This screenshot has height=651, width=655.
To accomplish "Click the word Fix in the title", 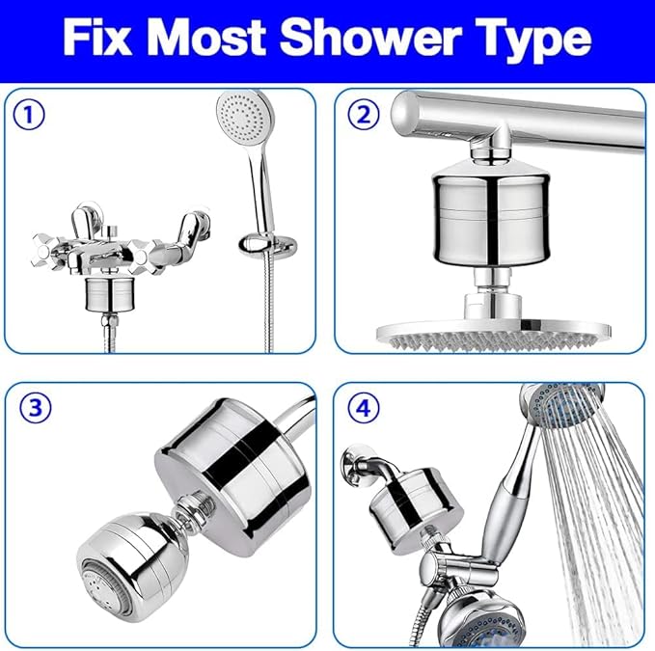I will (107, 39).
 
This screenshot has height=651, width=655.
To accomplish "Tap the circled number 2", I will (363, 116).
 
